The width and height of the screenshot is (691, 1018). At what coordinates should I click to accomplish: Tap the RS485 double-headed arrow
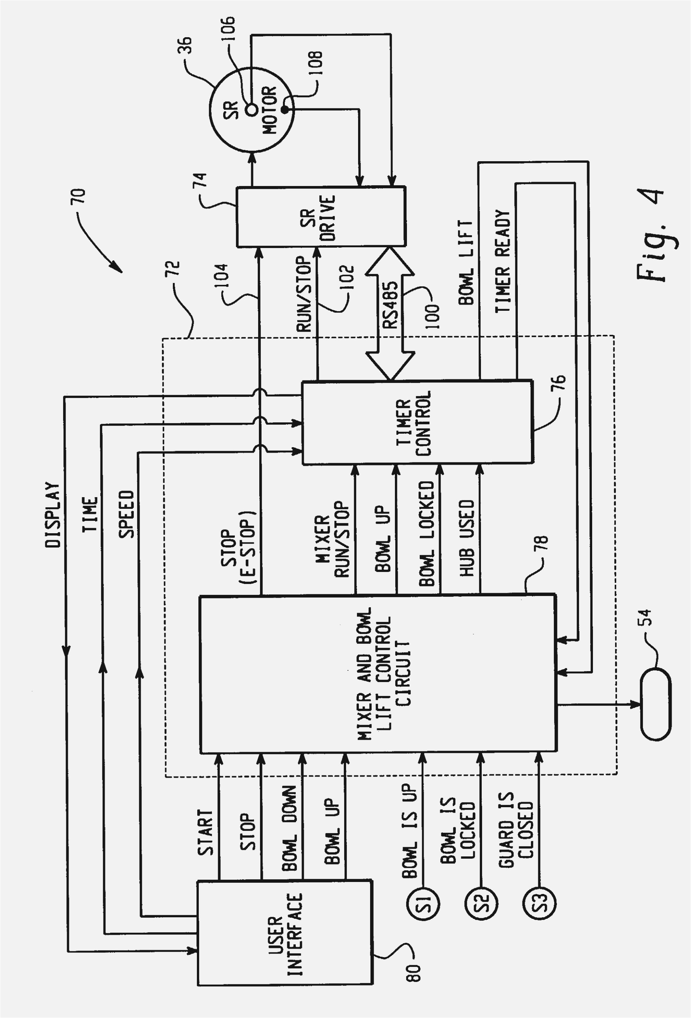390,313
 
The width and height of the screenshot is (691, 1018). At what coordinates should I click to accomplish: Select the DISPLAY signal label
52,515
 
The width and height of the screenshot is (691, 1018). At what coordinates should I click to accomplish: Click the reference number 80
414,972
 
